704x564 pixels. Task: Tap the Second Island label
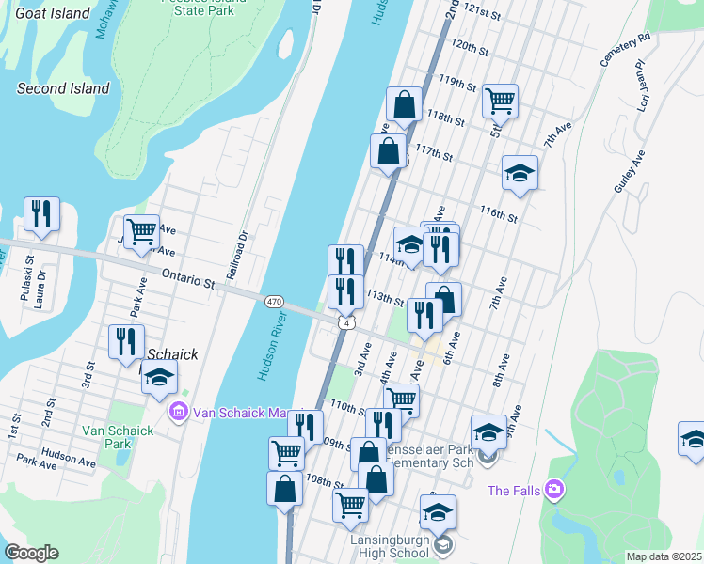pos(64,89)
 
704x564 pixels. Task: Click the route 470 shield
pos(273,301)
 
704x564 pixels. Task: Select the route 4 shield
pos(347,323)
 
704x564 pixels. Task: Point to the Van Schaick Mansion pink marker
pos(178,412)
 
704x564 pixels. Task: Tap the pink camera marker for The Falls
pos(554,490)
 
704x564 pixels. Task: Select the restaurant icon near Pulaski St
pos(41,215)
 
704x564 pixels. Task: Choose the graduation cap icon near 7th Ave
pos(520,173)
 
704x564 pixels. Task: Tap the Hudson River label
pos(274,344)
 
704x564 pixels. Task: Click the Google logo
pos(31,553)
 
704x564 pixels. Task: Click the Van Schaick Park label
pos(118,437)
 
